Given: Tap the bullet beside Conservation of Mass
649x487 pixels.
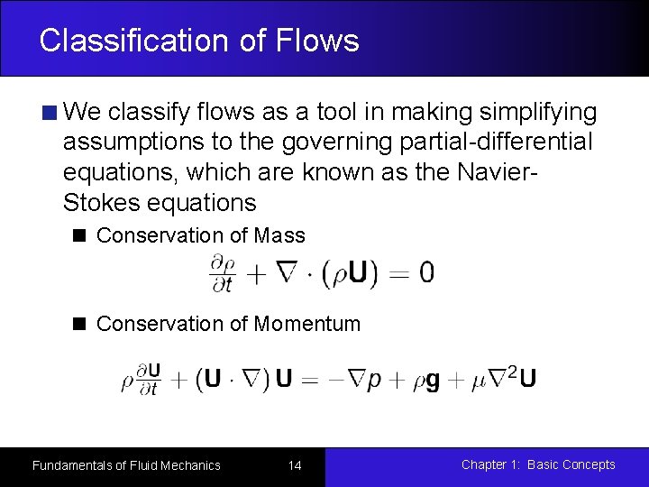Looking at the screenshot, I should [x=79, y=236].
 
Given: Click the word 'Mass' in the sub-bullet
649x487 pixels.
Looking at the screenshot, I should [x=279, y=236].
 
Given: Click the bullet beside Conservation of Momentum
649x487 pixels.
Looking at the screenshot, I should [x=79, y=324].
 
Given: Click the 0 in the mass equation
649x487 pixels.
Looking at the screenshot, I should [x=426, y=272].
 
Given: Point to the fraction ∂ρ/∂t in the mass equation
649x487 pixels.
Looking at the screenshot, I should [x=221, y=272].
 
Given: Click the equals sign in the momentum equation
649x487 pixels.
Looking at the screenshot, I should [x=308, y=379].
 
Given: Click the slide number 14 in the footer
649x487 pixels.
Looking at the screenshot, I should [x=294, y=465].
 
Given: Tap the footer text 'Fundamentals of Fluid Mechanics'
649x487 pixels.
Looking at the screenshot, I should [x=126, y=465].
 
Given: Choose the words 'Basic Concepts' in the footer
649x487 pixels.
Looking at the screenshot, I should [x=571, y=465].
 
